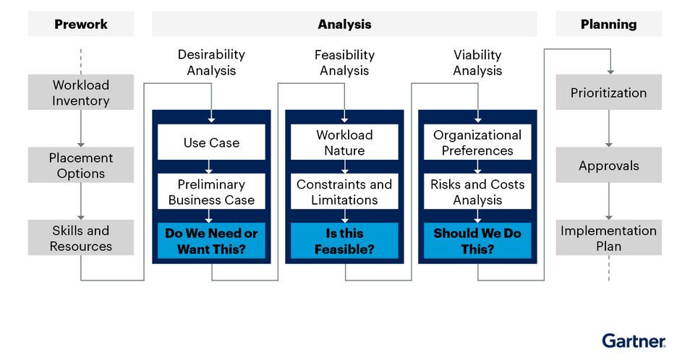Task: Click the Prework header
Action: coord(80,24)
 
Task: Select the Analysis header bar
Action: coord(344,24)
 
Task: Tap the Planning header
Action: coord(608,24)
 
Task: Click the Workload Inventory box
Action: coord(80,93)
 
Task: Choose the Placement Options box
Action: coord(80,166)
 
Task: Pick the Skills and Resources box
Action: coord(80,238)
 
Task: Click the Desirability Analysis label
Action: coord(211,62)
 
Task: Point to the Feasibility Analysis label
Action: coord(344,62)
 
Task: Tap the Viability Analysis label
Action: coord(477,62)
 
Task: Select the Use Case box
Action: coord(211,142)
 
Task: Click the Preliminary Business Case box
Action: coord(211,192)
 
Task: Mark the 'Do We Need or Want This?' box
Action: coord(211,241)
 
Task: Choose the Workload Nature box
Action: coord(344,142)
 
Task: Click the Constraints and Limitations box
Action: coord(344,192)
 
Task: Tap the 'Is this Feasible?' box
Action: coord(344,241)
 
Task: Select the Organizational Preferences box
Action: coord(477,142)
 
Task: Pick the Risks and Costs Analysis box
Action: coord(477,192)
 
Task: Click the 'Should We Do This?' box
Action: coord(477,241)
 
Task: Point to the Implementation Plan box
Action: coord(608,238)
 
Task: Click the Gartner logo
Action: coord(634,340)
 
